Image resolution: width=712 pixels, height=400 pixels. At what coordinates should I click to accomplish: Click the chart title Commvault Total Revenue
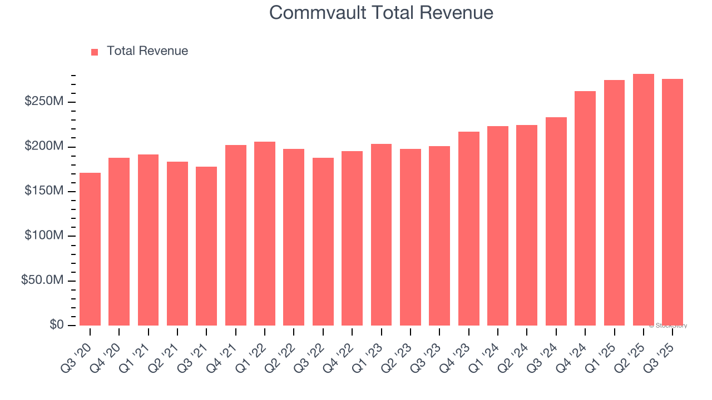click(x=381, y=12)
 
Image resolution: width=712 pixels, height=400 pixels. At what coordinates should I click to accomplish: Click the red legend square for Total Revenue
click(x=95, y=52)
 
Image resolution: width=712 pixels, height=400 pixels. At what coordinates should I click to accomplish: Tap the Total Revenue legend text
click(x=147, y=51)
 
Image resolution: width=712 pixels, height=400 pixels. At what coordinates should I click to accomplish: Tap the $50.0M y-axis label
click(x=42, y=281)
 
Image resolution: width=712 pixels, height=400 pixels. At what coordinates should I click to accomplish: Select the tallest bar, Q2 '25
click(x=643, y=199)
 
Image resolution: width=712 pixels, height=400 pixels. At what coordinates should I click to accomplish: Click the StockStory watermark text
click(x=667, y=326)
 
